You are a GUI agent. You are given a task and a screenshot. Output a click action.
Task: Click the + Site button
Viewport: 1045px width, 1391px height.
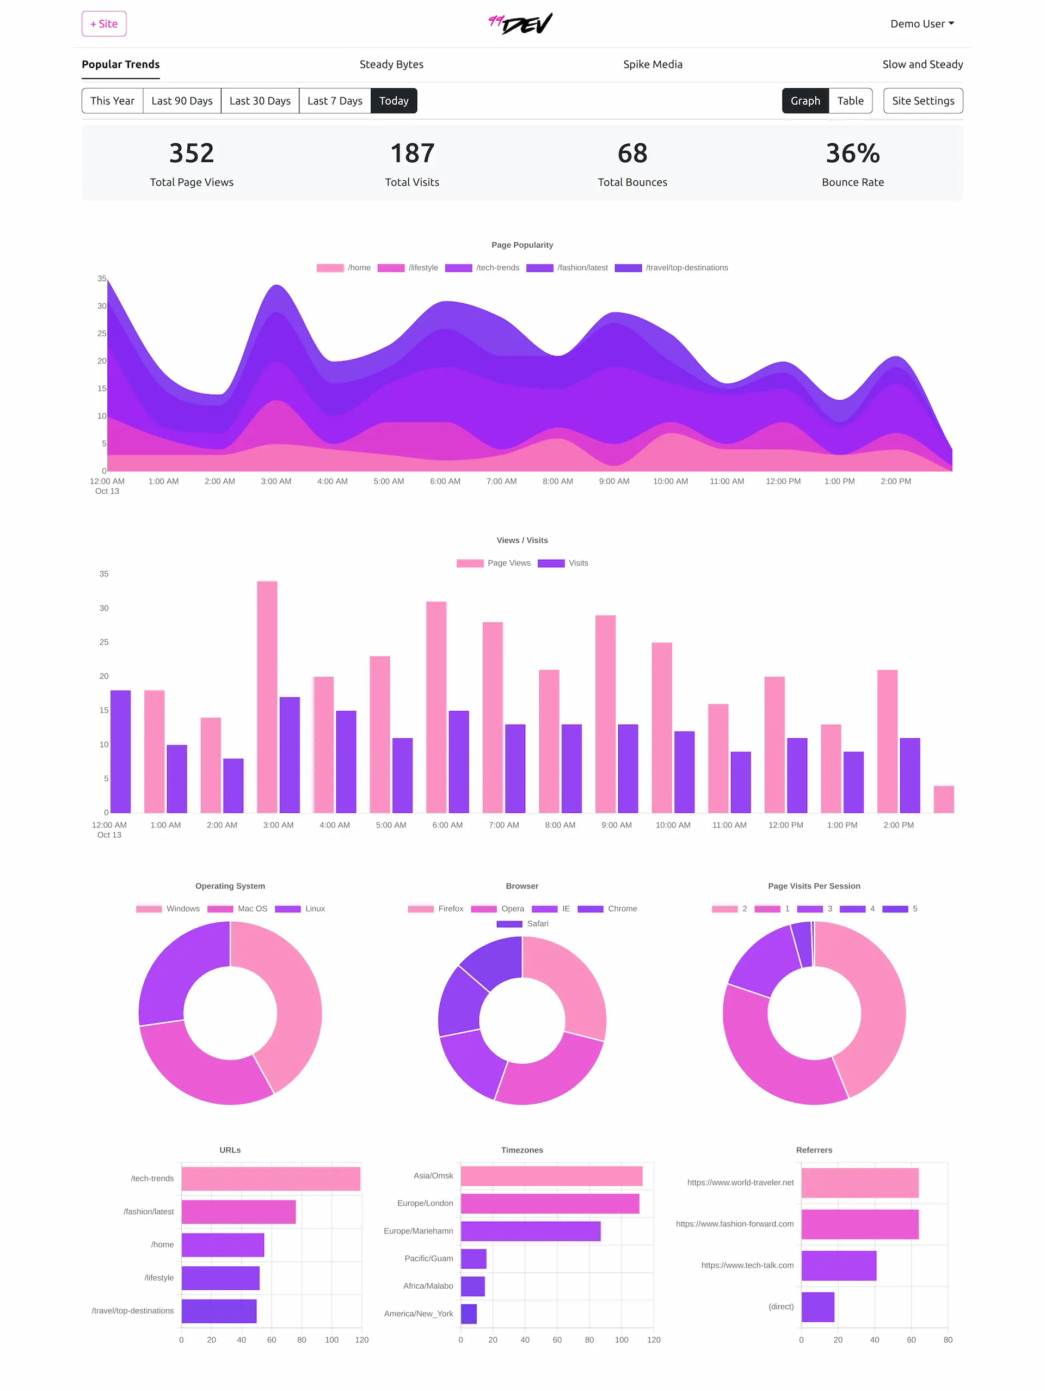[x=104, y=24]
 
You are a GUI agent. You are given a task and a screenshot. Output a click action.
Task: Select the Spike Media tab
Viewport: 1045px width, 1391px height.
[x=652, y=64]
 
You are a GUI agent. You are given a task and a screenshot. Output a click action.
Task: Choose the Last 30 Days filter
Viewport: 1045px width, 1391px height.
[x=260, y=101]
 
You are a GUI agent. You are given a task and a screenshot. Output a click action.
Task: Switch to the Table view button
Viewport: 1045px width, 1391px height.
[x=850, y=101]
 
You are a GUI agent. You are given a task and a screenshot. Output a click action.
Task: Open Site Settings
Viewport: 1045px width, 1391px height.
[x=923, y=101]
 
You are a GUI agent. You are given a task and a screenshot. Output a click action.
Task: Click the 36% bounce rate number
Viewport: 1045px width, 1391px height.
[x=852, y=153]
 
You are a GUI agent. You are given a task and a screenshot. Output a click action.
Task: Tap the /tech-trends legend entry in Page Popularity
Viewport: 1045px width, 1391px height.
[x=497, y=268]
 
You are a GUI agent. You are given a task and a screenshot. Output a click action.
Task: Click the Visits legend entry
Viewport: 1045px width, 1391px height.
[x=577, y=563]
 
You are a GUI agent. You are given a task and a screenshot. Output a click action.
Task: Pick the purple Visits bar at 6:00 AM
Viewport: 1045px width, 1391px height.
[x=458, y=762]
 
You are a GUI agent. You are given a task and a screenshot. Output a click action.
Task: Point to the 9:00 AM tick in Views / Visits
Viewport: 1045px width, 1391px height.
[x=616, y=825]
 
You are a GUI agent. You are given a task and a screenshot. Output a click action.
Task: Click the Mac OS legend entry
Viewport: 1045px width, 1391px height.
[x=251, y=909]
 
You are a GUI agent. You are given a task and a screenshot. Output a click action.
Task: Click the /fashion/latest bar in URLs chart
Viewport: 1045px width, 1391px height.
[x=238, y=1212]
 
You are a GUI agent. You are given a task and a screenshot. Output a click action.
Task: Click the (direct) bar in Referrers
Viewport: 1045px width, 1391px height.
[x=817, y=1307]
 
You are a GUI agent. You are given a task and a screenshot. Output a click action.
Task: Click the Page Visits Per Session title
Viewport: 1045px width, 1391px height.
[x=814, y=886]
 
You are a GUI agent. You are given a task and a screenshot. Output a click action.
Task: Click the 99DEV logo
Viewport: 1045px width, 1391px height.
[x=521, y=24]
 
